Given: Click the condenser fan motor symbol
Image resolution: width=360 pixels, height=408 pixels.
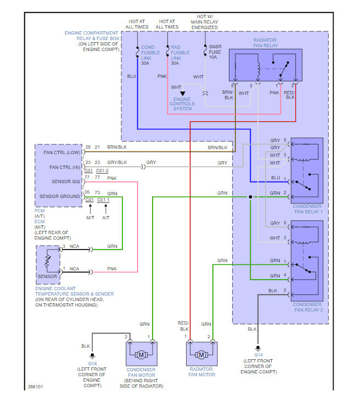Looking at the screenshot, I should pyautogui.click(x=142, y=355).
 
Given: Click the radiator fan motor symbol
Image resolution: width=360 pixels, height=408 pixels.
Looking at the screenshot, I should pyautogui.click(x=201, y=355).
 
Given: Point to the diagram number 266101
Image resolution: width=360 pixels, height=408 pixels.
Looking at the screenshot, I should pyautogui.click(x=36, y=387).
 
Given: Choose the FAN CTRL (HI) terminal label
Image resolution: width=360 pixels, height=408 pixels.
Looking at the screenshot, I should pyautogui.click(x=59, y=167).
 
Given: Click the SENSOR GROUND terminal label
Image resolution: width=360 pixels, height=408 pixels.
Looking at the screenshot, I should pyautogui.click(x=59, y=196).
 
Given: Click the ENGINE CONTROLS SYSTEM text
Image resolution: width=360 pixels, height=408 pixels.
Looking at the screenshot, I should pyautogui.click(x=182, y=104).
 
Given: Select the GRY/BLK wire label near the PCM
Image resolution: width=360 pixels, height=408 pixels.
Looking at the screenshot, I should pyautogui.click(x=117, y=163).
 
